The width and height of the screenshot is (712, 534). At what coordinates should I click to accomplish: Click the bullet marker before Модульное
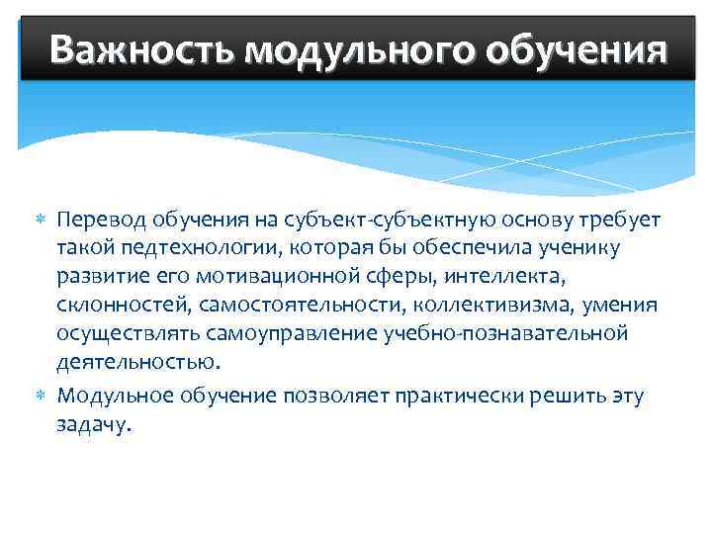pyautogui.click(x=41, y=397)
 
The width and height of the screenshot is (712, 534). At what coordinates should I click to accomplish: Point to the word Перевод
pyautogui.click(x=99, y=218)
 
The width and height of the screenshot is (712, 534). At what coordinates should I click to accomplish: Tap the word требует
pyautogui.click(x=615, y=218)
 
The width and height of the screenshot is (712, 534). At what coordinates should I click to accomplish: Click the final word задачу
pyautogui.click(x=93, y=426)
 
